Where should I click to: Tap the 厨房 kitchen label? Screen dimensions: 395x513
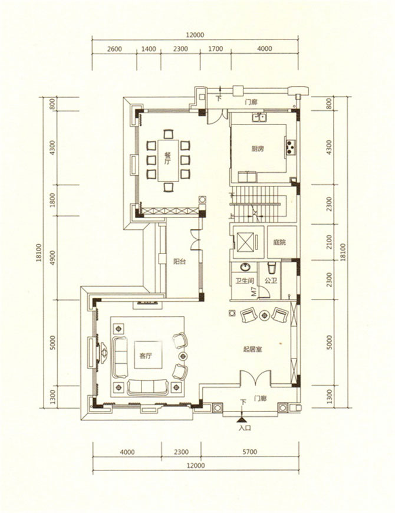point(258,149)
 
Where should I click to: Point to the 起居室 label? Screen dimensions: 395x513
point(253,350)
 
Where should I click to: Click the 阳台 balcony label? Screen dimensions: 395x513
point(179,261)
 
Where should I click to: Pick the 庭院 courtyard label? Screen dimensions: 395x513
point(279,242)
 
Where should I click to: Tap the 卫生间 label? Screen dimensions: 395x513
point(245,281)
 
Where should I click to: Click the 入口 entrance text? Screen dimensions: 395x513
point(245,427)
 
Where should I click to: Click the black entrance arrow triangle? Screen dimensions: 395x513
point(242,419)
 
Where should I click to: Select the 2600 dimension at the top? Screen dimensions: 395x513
point(114,49)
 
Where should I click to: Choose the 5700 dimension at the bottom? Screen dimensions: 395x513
point(250,452)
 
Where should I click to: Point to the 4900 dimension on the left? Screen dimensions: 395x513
point(53,258)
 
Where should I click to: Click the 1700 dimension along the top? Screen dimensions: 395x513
point(216,49)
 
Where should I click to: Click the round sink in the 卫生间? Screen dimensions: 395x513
point(245,267)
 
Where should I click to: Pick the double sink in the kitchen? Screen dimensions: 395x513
point(259,117)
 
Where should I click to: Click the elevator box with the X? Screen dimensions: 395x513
point(245,242)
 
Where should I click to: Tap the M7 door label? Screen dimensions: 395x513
point(254,291)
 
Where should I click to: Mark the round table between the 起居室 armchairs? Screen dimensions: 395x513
point(264,315)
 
